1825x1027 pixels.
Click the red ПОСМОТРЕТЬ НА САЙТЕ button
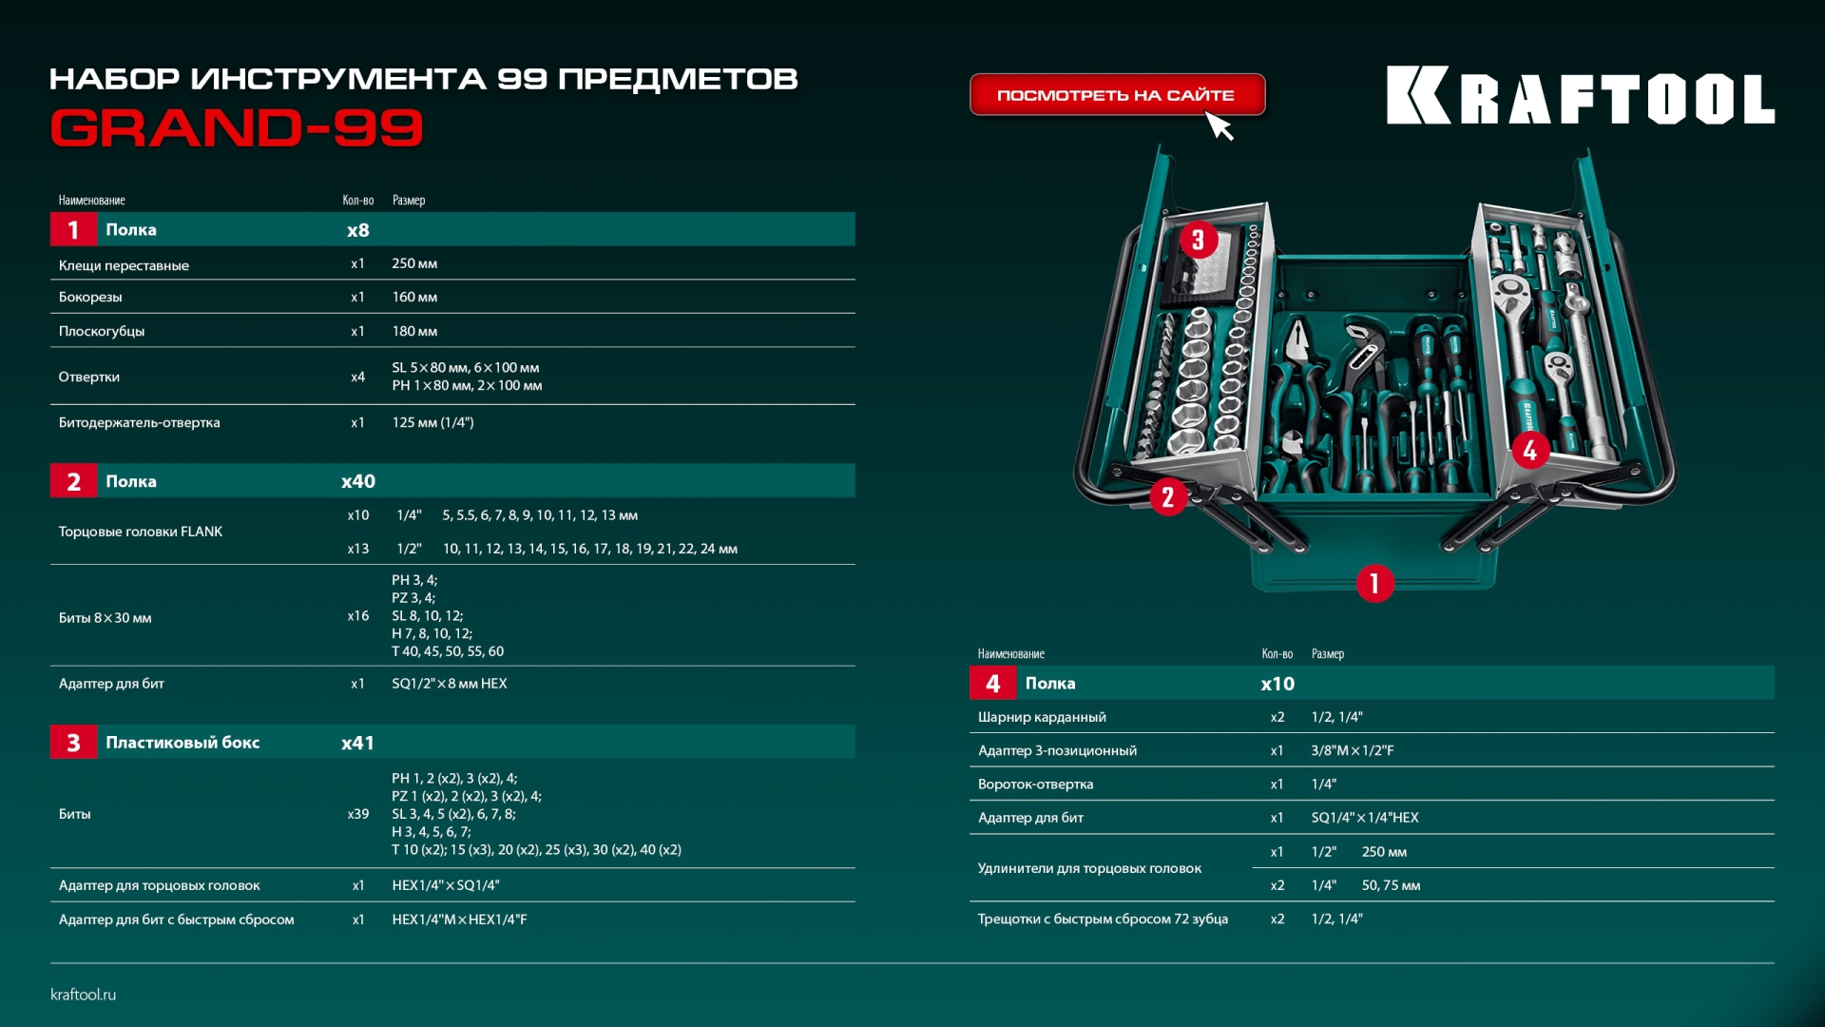[1117, 95]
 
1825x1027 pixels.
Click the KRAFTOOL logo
[1580, 95]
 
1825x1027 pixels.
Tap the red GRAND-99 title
[237, 127]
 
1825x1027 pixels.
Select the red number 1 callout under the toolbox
[1374, 583]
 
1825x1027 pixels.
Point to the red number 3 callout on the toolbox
[1198, 240]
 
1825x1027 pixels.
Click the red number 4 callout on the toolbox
[1529, 450]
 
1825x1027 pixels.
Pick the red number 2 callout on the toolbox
[1167, 496]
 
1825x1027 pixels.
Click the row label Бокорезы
[90, 298]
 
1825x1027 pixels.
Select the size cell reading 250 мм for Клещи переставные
[414, 263]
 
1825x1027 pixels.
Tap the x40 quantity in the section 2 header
[358, 481]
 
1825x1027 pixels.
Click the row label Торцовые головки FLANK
[141, 532]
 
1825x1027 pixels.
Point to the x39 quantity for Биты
[358, 814]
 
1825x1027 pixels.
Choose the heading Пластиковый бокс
[182, 743]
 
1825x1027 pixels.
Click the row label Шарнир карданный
[1042, 717]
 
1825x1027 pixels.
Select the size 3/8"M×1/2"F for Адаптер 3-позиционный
[1353, 750]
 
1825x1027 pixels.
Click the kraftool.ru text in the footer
[84, 995]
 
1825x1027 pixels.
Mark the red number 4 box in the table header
[993, 683]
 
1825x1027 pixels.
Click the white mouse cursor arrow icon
[1220, 126]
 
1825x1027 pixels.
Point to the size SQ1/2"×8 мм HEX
[450, 684]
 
